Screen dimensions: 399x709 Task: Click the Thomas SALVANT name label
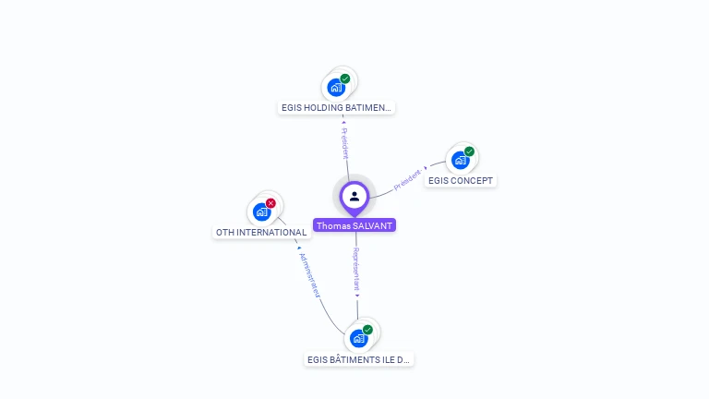coord(354,225)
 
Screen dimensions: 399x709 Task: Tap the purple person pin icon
coord(354,197)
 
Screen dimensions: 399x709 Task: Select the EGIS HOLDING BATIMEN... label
coord(337,108)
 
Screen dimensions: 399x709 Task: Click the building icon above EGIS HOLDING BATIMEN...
coord(336,88)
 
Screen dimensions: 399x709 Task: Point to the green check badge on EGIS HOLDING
coord(345,79)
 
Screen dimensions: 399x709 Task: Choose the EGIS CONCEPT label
coord(461,180)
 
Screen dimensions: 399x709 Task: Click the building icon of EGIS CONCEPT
coord(460,160)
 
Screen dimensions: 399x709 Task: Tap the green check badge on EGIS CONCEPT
coord(469,151)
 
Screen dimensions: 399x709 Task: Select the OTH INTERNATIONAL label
coord(260,233)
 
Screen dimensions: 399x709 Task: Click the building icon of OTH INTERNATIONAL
coord(261,212)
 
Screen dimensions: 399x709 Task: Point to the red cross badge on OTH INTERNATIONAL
coord(270,203)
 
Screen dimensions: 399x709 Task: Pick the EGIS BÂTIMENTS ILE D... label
coord(359,359)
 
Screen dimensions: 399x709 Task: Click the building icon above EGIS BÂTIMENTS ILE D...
coord(358,338)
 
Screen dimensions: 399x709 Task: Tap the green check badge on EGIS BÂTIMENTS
coord(367,330)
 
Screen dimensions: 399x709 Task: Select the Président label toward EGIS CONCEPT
coord(408,179)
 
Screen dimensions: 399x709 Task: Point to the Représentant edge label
coord(356,270)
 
